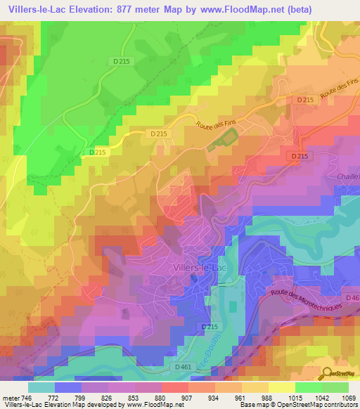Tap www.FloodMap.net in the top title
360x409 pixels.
tap(242, 9)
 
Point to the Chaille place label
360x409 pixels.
tap(349, 176)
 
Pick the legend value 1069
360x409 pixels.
tap(349, 397)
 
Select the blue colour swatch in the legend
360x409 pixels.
tap(67, 387)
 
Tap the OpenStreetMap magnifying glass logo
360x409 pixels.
tap(325, 373)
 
